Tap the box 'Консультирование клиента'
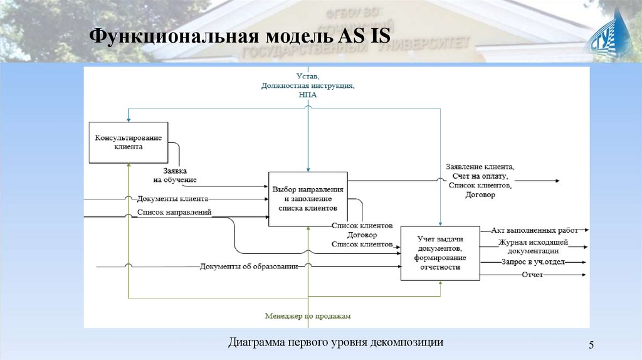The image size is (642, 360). (x=129, y=142)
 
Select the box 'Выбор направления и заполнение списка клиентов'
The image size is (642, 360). (x=308, y=198)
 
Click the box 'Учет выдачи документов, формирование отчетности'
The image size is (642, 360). (x=439, y=253)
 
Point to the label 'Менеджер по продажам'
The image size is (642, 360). (x=308, y=316)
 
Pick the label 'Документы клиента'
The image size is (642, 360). (x=172, y=199)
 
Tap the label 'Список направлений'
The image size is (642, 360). (x=174, y=212)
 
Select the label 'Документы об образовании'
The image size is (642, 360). (x=249, y=267)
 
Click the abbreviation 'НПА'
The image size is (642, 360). (x=308, y=95)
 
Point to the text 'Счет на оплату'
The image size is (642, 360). (x=480, y=177)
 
